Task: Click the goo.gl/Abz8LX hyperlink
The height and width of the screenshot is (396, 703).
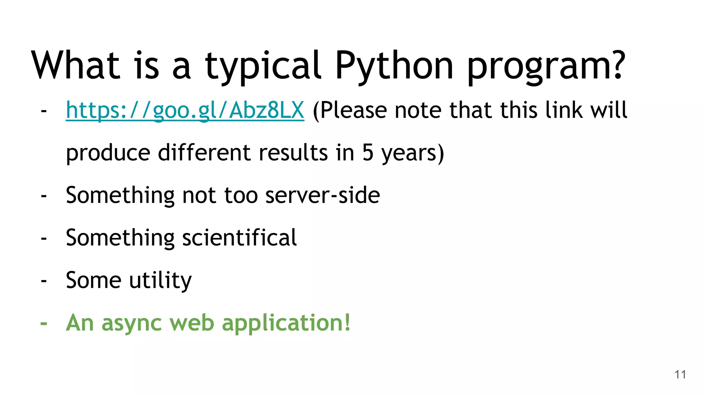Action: point(185,111)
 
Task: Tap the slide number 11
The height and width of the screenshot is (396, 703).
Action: point(680,374)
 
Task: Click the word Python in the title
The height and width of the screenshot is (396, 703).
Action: point(394,65)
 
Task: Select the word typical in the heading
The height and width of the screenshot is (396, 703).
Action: point(263,65)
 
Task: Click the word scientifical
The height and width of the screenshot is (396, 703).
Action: point(239,238)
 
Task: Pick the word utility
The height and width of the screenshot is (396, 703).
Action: point(160,280)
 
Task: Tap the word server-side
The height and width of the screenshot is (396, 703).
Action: point(323,195)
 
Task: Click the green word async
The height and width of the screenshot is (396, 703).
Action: point(131,323)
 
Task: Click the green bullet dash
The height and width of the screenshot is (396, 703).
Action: point(44,323)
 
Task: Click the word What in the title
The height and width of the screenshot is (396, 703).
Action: point(76,65)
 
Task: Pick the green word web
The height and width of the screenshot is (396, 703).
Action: point(192,323)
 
